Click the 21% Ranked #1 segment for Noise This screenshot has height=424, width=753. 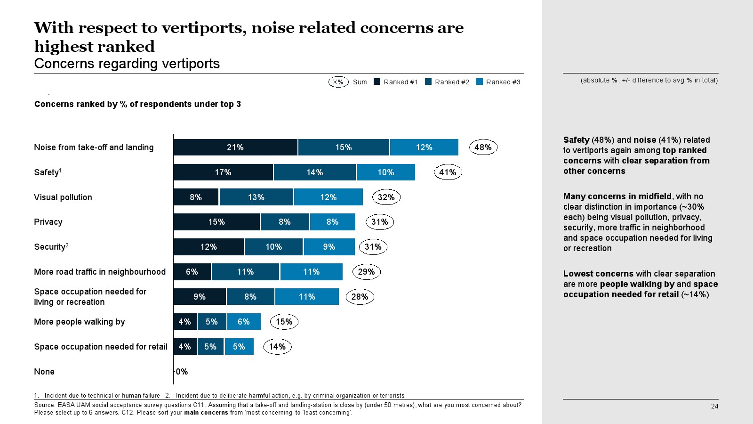pos(235,147)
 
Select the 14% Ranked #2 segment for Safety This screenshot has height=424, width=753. pos(314,172)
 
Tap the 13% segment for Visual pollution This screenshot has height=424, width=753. pos(256,197)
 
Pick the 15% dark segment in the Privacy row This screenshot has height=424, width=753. pos(216,222)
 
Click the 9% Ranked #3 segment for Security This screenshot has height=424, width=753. pos(329,247)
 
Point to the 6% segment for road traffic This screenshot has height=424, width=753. pos(192,272)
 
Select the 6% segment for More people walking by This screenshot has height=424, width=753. pos(243,322)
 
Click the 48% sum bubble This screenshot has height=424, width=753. pos(483,147)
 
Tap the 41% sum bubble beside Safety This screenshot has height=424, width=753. pos(448,172)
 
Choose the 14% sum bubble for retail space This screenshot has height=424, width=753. pos(277,347)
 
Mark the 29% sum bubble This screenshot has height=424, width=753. pos(366,272)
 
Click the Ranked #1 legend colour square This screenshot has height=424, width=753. pos(377,82)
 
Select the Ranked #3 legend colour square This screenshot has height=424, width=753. pos(480,82)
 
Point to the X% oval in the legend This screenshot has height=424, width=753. pos(338,82)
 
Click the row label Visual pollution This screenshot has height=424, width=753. pos(63,197)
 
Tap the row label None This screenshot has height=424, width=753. pos(44,372)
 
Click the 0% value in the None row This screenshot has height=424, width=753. pos(182,372)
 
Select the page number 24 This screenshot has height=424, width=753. pos(714,406)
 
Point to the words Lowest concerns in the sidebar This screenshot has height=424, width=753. pos(598,274)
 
